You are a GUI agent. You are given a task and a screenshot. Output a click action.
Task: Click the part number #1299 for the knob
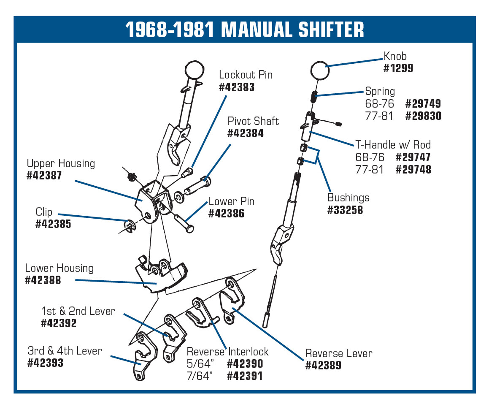click(x=398, y=68)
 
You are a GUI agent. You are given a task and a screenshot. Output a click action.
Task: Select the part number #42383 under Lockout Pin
click(x=237, y=87)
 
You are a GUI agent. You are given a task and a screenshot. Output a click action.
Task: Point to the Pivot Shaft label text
click(x=253, y=121)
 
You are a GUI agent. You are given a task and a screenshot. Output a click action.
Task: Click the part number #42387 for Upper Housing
click(x=44, y=176)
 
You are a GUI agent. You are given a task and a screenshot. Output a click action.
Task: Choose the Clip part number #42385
click(x=53, y=224)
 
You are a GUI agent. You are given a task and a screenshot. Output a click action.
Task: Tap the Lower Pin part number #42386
click(x=226, y=214)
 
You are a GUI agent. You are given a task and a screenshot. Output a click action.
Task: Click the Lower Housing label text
click(x=59, y=268)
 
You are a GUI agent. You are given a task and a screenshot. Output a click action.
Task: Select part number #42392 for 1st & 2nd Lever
click(x=59, y=323)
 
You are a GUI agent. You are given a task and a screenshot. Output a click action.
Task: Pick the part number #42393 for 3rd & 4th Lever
click(x=45, y=363)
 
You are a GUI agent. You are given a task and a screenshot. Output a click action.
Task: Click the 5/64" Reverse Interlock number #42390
click(x=245, y=364)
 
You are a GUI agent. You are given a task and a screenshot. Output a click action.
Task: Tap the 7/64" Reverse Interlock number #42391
click(x=245, y=376)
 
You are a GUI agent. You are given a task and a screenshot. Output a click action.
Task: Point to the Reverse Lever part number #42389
click(x=323, y=366)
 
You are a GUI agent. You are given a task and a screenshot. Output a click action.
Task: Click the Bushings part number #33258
click(x=345, y=210)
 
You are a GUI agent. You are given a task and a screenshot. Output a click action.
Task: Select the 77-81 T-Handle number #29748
click(x=413, y=170)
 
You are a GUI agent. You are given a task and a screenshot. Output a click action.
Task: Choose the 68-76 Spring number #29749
click(x=423, y=104)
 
